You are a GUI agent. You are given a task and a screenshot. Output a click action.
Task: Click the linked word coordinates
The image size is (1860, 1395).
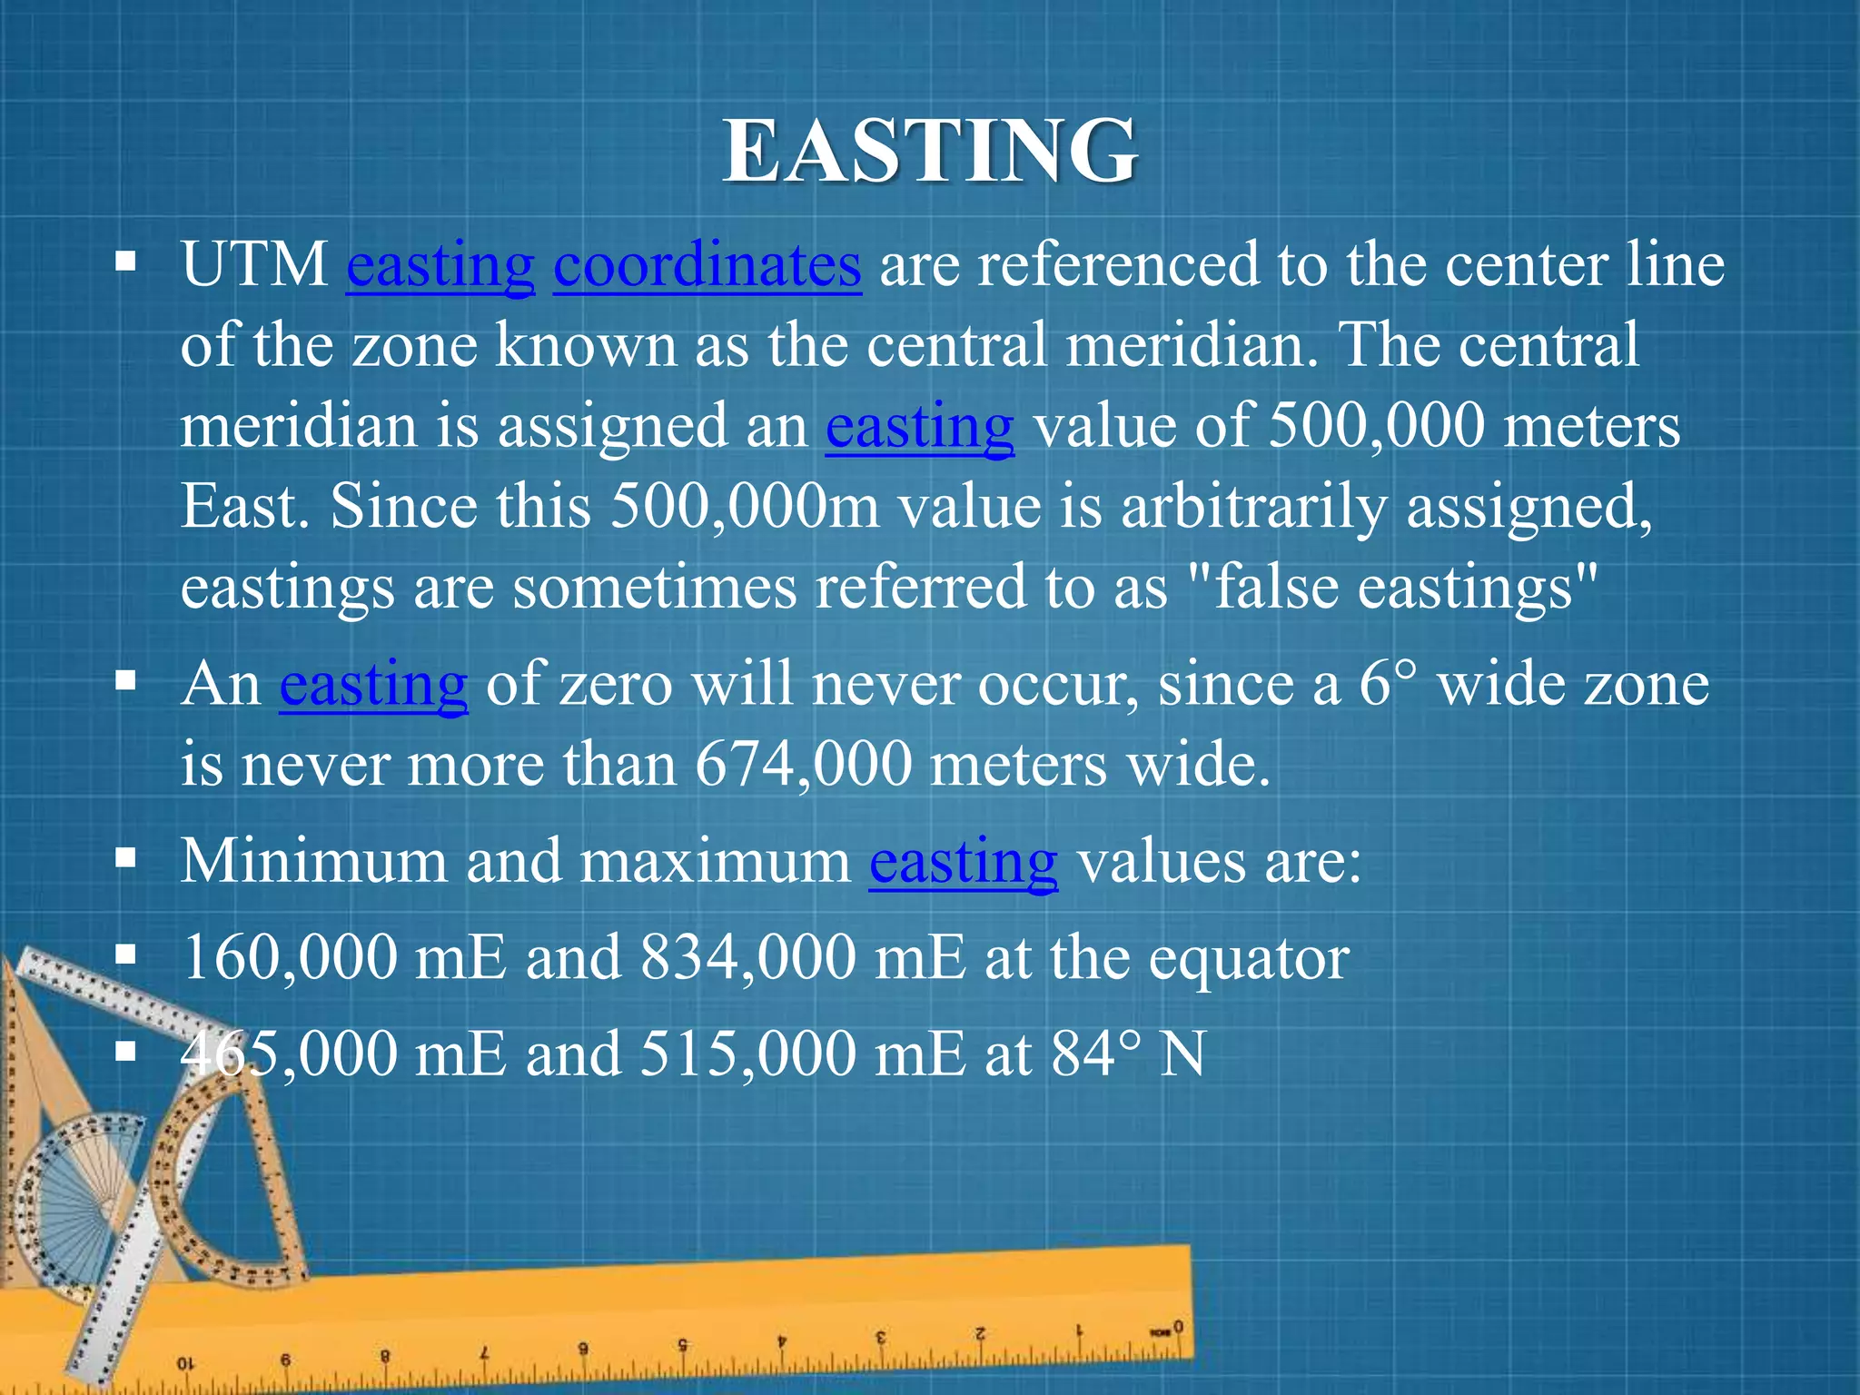point(707,265)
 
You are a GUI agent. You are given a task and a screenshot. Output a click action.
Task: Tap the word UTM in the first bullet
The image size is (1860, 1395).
point(254,265)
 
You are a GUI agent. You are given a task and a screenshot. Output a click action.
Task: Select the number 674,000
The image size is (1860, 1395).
point(803,763)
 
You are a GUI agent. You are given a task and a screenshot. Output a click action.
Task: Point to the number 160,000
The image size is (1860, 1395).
point(290,957)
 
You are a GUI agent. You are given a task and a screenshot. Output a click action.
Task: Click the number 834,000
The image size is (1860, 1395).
point(747,957)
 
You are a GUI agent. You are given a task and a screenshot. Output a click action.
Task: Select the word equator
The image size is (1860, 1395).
point(1249,959)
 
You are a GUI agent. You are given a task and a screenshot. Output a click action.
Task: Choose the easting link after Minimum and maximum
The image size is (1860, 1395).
point(963,861)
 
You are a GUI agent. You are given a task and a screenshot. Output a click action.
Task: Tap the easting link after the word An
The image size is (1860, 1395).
point(373,685)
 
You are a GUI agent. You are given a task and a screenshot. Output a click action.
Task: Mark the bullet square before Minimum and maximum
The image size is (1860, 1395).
point(126,857)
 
